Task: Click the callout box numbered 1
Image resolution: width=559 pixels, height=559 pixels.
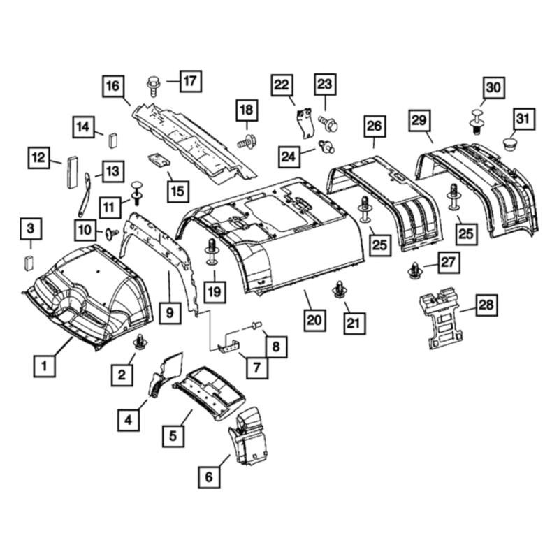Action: pos(45,365)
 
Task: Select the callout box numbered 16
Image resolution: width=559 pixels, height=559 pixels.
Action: pos(113,86)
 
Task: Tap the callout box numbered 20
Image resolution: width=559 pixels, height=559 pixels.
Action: pos(314,320)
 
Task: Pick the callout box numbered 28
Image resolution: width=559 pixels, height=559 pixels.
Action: pos(486,305)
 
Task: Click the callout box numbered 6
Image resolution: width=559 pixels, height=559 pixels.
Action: pos(209,477)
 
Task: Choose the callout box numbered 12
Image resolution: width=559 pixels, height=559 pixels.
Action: pos(39,158)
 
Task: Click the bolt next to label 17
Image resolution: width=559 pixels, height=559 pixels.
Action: pos(153,85)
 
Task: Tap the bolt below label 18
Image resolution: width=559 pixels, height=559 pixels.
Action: pos(246,142)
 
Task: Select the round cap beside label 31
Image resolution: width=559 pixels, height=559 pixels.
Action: pos(510,144)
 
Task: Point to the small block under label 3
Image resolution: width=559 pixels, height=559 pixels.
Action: pos(29,263)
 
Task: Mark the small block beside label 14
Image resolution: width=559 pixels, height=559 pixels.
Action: pos(112,140)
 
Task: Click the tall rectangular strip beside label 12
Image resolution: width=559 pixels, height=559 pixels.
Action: pos(73,172)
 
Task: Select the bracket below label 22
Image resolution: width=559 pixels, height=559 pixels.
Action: pos(305,123)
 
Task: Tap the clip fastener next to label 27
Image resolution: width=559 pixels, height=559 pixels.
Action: pos(415,270)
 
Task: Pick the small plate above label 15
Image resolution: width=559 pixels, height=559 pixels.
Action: pos(159,160)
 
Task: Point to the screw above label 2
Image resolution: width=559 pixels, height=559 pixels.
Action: pos(140,342)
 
